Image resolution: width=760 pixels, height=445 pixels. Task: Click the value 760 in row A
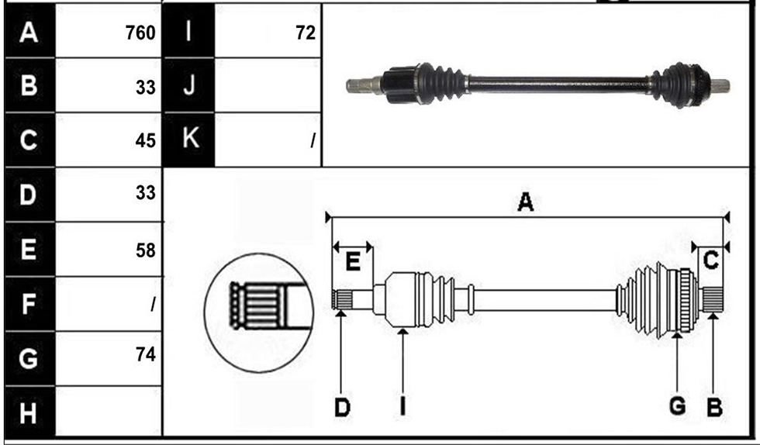coord(140,33)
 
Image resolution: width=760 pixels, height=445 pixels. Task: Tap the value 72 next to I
coord(306,33)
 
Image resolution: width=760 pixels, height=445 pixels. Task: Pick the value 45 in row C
coord(146,140)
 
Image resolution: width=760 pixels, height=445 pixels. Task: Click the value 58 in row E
coord(146,250)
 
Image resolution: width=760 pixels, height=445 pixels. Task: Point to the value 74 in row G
coord(146,354)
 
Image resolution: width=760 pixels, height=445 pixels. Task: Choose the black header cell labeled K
coord(189,140)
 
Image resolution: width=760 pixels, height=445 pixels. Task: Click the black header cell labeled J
coord(189,85)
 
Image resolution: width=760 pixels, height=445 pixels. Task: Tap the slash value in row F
coord(154,305)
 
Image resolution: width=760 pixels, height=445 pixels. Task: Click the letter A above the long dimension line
coord(526,202)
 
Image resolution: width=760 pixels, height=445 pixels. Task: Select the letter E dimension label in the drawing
coord(353,262)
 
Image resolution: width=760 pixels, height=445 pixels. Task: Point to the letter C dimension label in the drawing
coord(710,260)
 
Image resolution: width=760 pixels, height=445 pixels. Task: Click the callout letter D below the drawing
coord(342,408)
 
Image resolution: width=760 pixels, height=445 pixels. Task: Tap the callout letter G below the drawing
coord(677,406)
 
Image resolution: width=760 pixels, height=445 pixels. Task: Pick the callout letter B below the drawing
coord(714,407)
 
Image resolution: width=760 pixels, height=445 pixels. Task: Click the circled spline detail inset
coord(259,312)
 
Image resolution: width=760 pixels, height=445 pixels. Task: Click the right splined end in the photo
coord(720,86)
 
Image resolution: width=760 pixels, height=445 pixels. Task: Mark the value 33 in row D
coord(146,193)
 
